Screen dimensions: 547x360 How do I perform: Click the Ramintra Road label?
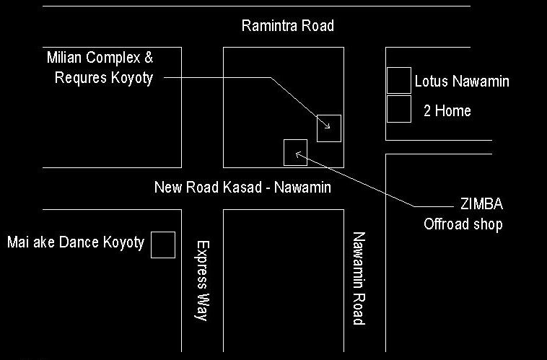(288, 26)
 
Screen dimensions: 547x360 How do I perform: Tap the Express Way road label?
(201, 281)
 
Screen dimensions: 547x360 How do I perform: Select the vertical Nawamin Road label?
(359, 278)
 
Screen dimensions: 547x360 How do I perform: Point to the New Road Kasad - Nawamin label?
(242, 188)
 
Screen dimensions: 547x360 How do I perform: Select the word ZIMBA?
(482, 204)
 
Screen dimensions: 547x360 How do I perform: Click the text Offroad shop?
(463, 224)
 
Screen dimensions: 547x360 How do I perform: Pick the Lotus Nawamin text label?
(462, 82)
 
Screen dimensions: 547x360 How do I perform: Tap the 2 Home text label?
(447, 111)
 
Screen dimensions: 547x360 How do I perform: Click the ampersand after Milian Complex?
(149, 58)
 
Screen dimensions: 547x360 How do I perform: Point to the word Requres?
(82, 78)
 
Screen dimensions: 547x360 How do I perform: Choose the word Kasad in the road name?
(242, 188)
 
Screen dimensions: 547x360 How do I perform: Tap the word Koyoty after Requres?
(132, 78)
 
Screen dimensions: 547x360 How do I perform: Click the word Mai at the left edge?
(18, 242)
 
